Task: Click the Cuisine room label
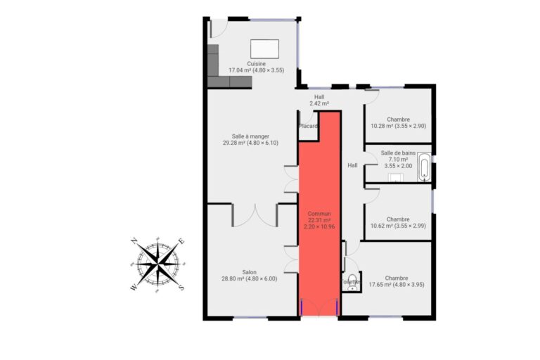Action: tap(256, 67)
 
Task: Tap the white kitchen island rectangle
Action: tap(264, 49)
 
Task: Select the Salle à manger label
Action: tap(250, 139)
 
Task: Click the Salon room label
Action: tap(249, 275)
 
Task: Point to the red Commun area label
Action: tap(319, 220)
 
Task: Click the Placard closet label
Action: tap(308, 126)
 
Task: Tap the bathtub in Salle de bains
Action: tap(424, 167)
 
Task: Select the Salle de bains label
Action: tap(398, 160)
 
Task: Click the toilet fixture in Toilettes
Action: tap(352, 282)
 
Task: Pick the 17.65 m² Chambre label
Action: tap(397, 281)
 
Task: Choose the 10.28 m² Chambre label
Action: tap(398, 122)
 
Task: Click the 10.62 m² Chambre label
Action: tap(398, 223)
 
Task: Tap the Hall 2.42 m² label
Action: tap(319, 101)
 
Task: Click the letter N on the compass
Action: tap(135, 241)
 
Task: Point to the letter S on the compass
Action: tap(181, 288)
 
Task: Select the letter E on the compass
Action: tap(181, 241)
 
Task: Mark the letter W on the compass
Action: tap(134, 288)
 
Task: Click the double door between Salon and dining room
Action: tap(255, 215)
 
